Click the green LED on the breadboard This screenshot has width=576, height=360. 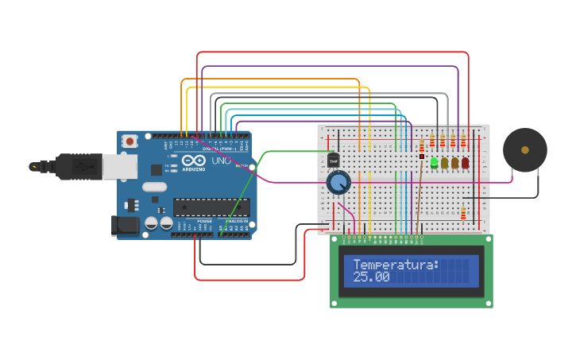coord(434,163)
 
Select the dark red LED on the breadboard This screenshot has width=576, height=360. coord(465,163)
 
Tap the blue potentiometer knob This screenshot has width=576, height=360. coord(338,184)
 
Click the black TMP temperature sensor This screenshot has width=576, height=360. coord(334,161)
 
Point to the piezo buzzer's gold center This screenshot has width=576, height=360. coord(524,149)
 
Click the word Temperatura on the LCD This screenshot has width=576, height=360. coord(396,265)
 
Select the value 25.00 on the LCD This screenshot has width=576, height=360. coord(371,277)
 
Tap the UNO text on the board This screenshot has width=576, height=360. coord(222,161)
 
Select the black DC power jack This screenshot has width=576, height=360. coord(126,226)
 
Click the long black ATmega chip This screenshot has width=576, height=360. coord(211,207)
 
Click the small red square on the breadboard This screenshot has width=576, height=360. coord(422,156)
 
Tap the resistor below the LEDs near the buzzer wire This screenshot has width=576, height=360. coord(463,212)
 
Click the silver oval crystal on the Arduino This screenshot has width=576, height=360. coord(154,188)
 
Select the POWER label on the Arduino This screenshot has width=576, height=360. coord(204,221)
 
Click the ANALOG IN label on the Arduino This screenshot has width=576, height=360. coord(236,221)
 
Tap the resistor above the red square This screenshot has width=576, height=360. coord(422,145)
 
